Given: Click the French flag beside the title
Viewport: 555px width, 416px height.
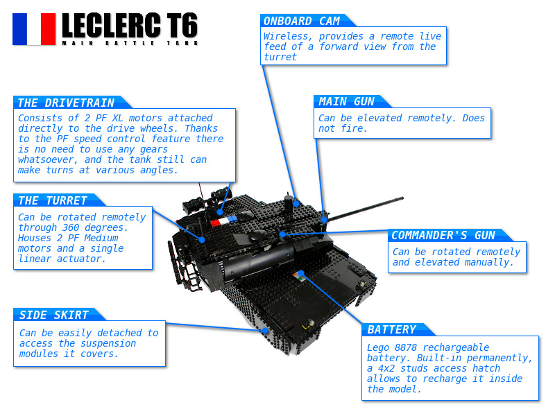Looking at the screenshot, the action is pyautogui.click(x=34, y=29).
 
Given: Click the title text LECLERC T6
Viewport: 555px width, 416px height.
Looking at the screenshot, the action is pyautogui.click(x=130, y=25).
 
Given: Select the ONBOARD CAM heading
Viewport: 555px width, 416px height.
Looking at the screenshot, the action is pyautogui.click(x=302, y=21).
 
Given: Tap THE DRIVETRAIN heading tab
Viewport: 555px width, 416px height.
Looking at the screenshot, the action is pyautogui.click(x=66, y=103).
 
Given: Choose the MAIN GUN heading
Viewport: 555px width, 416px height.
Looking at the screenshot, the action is pyautogui.click(x=346, y=102).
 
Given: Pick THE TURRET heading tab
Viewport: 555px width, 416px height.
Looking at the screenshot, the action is pyautogui.click(x=53, y=200).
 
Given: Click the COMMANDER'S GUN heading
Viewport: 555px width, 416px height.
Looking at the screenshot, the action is pyautogui.click(x=443, y=235).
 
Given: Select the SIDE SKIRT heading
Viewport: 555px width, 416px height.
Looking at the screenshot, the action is pyautogui.click(x=54, y=315).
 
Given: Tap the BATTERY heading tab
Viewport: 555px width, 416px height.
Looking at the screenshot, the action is pyautogui.click(x=392, y=330).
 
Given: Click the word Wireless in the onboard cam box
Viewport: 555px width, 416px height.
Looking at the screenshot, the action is pyautogui.click(x=286, y=37).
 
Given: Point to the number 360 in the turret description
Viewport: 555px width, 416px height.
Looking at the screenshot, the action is pyautogui.click(x=71, y=227).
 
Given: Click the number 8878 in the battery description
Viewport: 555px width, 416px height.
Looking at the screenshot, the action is pyautogui.click(x=406, y=347).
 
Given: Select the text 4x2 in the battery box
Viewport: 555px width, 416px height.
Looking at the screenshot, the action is pyautogui.click(x=386, y=368).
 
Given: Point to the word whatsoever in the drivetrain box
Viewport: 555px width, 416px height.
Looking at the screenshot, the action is pyautogui.click(x=47, y=159).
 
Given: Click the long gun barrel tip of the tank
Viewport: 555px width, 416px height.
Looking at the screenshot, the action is pyautogui.click(x=402, y=198).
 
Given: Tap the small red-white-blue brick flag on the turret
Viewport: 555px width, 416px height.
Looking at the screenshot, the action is pyautogui.click(x=223, y=221).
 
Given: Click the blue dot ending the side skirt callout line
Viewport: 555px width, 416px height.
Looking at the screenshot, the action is pyautogui.click(x=266, y=331).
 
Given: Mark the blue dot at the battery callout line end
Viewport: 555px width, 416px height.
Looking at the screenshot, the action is pyautogui.click(x=301, y=273).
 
